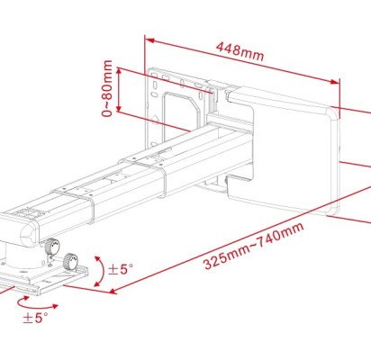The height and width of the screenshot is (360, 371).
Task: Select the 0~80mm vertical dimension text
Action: [108, 88]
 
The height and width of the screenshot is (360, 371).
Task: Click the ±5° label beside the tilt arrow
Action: [121, 269]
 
